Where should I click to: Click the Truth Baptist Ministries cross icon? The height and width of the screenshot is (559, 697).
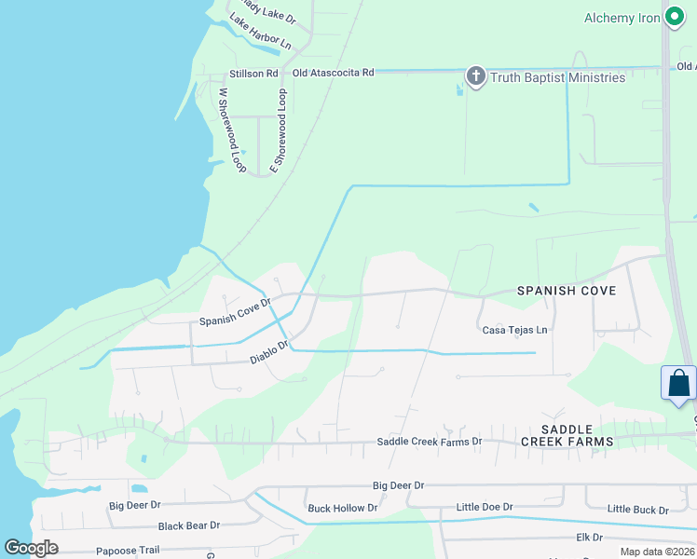[475, 76]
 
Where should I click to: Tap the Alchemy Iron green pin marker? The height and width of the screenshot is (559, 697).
[675, 18]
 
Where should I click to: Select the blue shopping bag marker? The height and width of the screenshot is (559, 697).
[678, 384]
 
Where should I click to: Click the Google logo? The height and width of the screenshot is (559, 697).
[32, 547]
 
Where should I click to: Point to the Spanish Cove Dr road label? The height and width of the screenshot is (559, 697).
[235, 311]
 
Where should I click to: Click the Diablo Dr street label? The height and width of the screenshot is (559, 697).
[269, 351]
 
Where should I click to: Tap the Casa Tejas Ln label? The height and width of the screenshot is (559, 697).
[514, 330]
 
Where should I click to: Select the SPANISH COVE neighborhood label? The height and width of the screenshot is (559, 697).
[567, 291]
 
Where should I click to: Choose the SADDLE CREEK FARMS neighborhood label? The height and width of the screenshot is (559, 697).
[567, 433]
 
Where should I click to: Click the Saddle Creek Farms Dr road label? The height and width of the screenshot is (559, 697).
[429, 442]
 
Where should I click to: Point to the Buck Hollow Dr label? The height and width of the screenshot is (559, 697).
[342, 508]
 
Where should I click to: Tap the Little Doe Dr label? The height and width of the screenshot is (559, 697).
[484, 507]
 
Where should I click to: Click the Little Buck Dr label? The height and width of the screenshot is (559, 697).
[637, 510]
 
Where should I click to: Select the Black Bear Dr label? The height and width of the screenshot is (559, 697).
[189, 525]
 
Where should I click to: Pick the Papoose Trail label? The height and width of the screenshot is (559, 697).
[129, 550]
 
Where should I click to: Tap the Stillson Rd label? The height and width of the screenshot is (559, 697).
[253, 74]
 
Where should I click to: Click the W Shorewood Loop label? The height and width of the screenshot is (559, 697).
[230, 130]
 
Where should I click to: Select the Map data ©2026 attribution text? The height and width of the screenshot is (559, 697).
[656, 552]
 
